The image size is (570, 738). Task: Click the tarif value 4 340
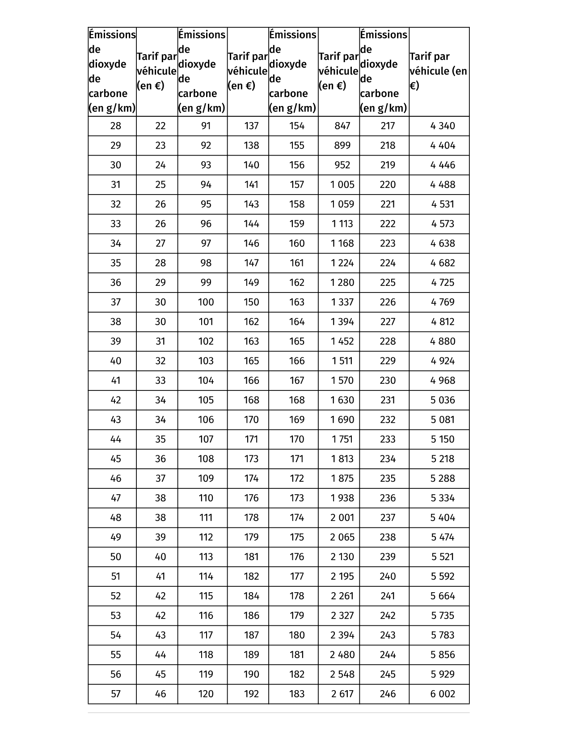pyautogui.click(x=442, y=126)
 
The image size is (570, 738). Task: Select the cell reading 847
pyautogui.click(x=342, y=126)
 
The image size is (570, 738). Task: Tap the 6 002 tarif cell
pyautogui.click(x=442, y=694)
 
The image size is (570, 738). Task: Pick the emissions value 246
pyautogui.click(x=388, y=694)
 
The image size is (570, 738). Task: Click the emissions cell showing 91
pyautogui.click(x=206, y=126)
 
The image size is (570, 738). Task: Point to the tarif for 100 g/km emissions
pyautogui.click(x=251, y=302)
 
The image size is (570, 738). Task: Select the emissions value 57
pyautogui.click(x=115, y=694)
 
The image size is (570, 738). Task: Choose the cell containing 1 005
pyautogui.click(x=342, y=184)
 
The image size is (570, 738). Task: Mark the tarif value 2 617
pyautogui.click(x=342, y=694)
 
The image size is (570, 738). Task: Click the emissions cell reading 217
pyautogui.click(x=388, y=126)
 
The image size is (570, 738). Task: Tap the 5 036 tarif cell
pyautogui.click(x=442, y=400)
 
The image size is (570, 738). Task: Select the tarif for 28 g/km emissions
pyautogui.click(x=160, y=126)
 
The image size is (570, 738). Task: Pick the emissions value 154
pyautogui.click(x=296, y=126)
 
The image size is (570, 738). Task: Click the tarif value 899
pyautogui.click(x=342, y=145)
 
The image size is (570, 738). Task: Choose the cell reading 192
pyautogui.click(x=251, y=694)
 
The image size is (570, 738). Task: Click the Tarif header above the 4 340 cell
pyautogui.click(x=438, y=71)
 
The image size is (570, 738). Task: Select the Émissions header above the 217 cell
pyautogui.click(x=383, y=71)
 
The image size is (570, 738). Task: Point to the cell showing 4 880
pyautogui.click(x=442, y=341)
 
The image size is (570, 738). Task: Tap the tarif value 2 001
pyautogui.click(x=342, y=517)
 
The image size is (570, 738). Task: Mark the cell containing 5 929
pyautogui.click(x=442, y=674)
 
